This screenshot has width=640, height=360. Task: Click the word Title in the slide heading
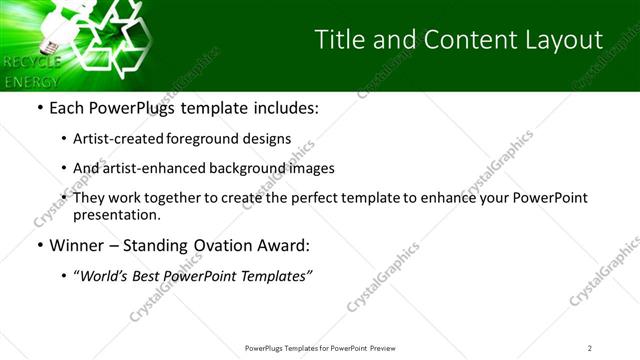pyautogui.click(x=339, y=40)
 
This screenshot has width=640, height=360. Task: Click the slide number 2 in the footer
pyautogui.click(x=590, y=348)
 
